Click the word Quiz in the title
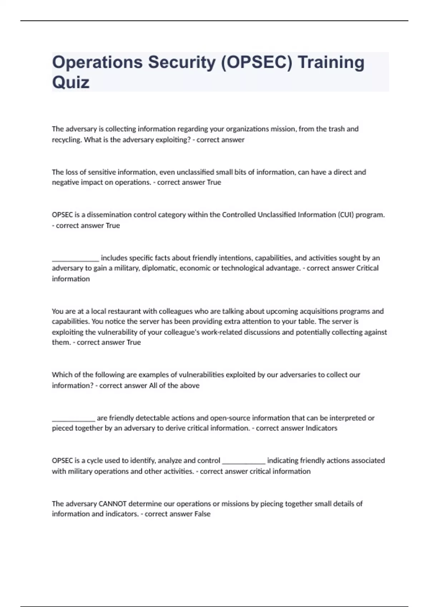click(x=71, y=82)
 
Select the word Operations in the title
click(x=97, y=62)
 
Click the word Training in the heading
click(x=331, y=62)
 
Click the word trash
click(x=336, y=129)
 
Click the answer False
click(x=202, y=514)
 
